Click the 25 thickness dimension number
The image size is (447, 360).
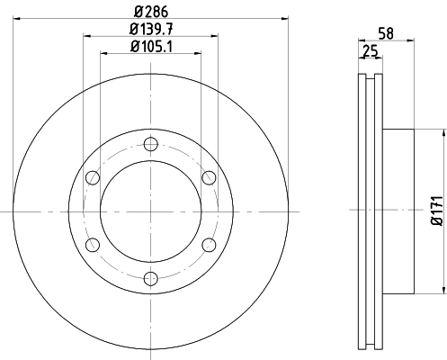pos(369,53)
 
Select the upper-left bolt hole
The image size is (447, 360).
pos(91,177)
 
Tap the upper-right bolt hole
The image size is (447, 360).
pos(208,177)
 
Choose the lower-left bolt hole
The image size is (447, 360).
pos(91,244)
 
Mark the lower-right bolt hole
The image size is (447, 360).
pos(208,244)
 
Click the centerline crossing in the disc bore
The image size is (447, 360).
pos(149,211)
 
